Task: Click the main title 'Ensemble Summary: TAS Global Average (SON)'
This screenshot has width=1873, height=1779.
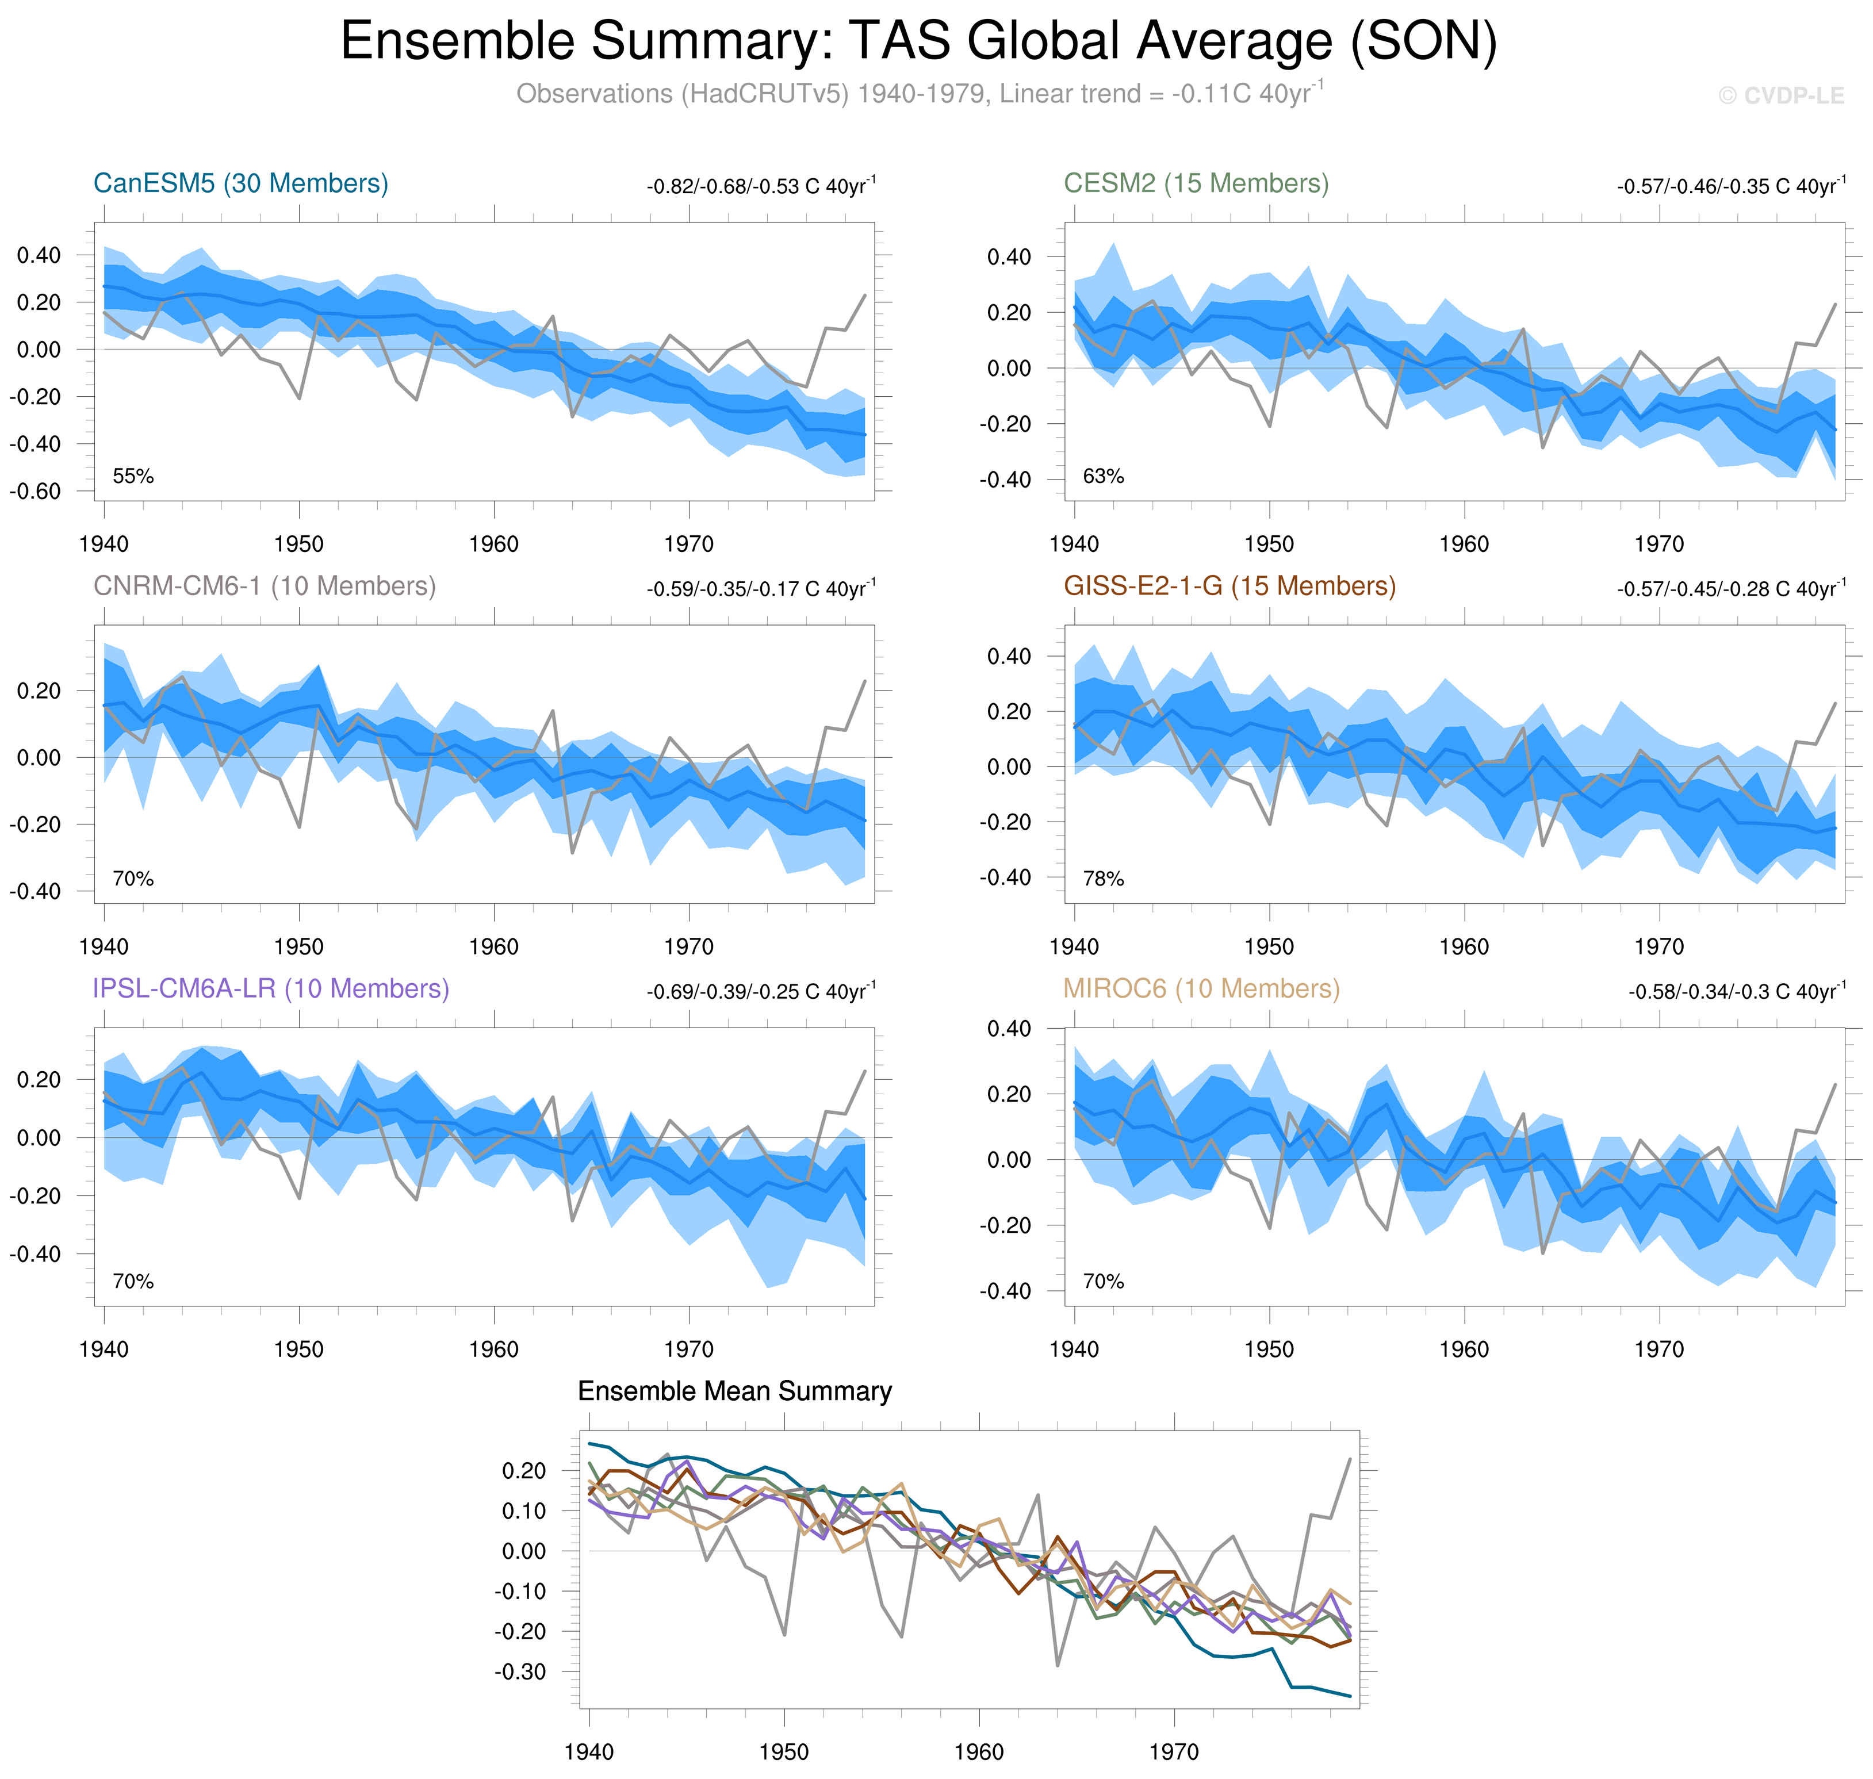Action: (x=918, y=42)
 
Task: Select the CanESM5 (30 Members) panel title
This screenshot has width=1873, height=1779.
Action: (x=241, y=183)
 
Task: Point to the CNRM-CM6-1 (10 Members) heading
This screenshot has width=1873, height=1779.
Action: (x=265, y=586)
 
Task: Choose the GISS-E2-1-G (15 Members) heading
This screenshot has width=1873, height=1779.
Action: (x=1229, y=586)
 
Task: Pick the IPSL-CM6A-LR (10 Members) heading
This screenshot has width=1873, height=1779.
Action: (x=270, y=988)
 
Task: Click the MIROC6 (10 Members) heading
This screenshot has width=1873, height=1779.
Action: (x=1201, y=988)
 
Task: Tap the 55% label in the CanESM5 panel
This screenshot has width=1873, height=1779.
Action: (x=133, y=476)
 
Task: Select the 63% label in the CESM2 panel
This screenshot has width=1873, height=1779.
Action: (x=1103, y=476)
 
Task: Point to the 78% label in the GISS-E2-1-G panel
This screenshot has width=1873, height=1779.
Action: (x=1103, y=879)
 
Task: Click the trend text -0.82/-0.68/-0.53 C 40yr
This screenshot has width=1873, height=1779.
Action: (x=761, y=186)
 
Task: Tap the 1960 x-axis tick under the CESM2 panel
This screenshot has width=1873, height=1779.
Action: (x=1464, y=545)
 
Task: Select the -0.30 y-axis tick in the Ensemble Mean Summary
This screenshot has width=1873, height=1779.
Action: (x=520, y=1672)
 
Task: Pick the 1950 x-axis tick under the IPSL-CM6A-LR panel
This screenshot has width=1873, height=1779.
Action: (x=298, y=1349)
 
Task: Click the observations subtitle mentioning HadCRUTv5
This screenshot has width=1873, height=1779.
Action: (x=918, y=94)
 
